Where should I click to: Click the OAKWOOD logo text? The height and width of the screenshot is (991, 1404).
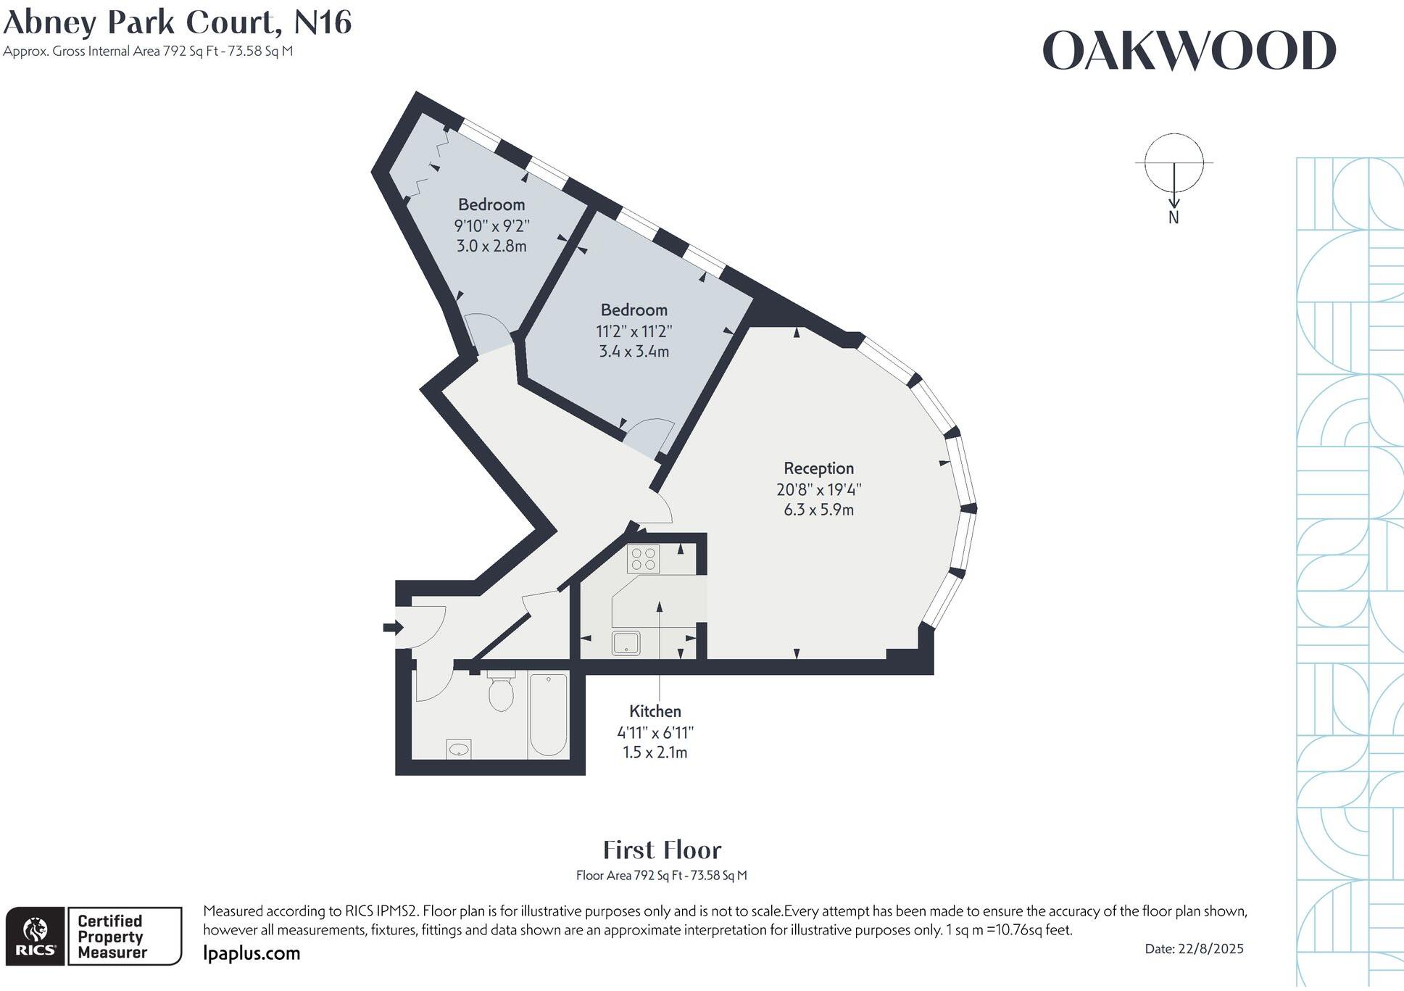[1189, 51]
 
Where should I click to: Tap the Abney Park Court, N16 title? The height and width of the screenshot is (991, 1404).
[178, 22]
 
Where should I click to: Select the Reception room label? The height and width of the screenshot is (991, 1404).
[818, 468]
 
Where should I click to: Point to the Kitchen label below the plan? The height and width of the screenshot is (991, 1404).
[655, 711]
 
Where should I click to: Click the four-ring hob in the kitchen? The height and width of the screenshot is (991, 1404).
[643, 559]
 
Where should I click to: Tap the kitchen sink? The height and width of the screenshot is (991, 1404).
[626, 643]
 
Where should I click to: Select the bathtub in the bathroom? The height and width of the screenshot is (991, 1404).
[548, 713]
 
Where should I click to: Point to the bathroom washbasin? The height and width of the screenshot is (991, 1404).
[458, 749]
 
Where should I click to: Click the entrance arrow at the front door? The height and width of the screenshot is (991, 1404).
[393, 627]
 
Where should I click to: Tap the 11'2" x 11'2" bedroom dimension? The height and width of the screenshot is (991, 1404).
[634, 331]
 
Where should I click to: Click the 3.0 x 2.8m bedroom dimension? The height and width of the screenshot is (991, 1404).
[491, 246]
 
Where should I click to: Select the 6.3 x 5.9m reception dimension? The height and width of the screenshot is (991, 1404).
[818, 510]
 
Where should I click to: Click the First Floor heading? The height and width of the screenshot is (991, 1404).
[662, 850]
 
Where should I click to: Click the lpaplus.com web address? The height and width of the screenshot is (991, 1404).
[252, 953]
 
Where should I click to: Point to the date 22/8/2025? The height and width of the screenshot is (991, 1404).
[1194, 948]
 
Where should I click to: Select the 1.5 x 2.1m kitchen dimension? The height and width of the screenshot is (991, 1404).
[655, 752]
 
